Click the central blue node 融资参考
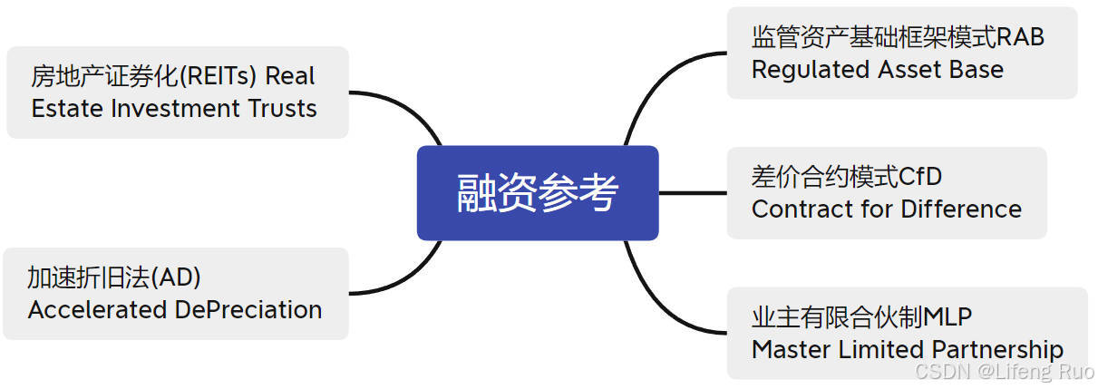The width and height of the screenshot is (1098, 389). [538, 193]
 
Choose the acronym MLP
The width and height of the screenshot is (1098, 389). [947, 317]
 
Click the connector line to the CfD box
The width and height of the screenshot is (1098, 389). [693, 193]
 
